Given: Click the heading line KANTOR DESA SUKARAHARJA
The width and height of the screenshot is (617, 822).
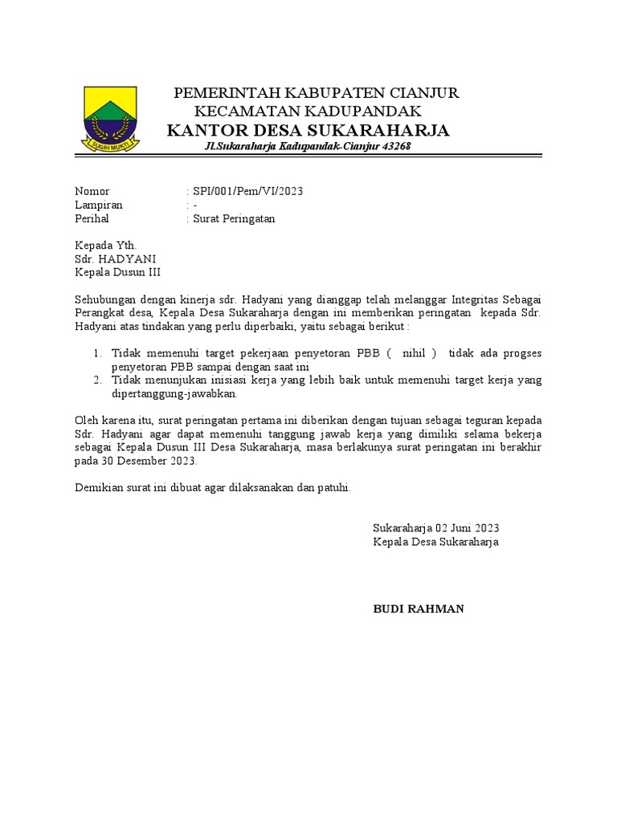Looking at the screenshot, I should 308,131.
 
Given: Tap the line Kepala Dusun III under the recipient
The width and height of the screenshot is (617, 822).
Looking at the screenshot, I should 117,272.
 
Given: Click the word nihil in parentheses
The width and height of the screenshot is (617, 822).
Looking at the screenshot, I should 415,353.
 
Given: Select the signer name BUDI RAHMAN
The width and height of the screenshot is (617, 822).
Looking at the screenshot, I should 418,609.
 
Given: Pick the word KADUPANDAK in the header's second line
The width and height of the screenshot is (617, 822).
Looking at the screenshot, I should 373,111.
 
